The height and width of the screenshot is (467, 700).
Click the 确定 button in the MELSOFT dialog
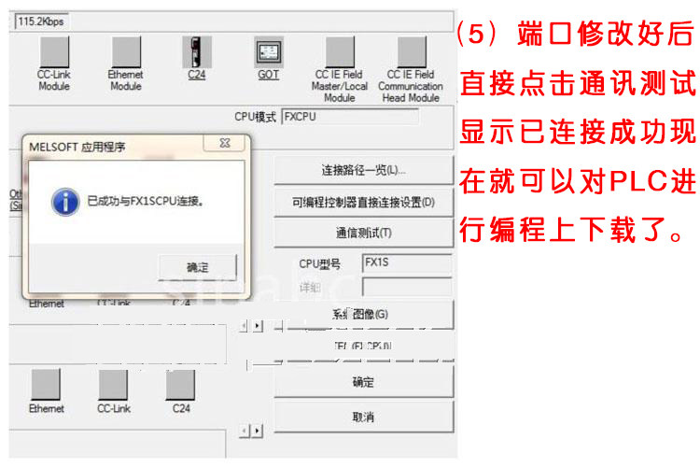197,266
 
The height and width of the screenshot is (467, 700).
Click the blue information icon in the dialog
64,201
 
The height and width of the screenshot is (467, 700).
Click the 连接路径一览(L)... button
363,171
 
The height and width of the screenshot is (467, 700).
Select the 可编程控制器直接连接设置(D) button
363,202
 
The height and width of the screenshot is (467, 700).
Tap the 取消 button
363,417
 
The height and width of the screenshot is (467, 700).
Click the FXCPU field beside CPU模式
350,117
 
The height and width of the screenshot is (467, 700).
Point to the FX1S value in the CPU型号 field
376,262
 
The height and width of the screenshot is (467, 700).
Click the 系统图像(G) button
363,314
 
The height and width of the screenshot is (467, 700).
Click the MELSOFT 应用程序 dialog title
77,147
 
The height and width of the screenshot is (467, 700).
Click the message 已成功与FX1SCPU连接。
145,201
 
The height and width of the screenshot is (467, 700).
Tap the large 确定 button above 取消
363,382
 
